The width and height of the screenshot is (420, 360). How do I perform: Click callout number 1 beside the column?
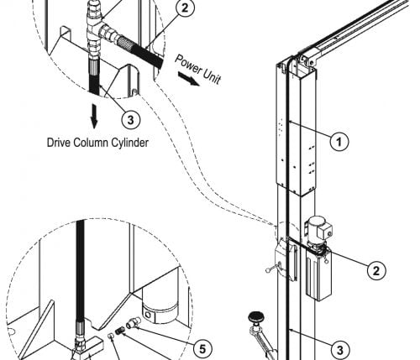click(339, 142)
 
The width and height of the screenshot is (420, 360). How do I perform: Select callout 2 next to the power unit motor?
click(376, 270)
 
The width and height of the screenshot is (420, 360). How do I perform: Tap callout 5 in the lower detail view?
click(202, 348)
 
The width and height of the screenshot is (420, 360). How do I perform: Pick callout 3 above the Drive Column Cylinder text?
click(131, 120)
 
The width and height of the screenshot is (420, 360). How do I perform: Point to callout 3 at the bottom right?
click(339, 350)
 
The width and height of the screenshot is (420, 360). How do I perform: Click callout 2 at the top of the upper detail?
click(185, 8)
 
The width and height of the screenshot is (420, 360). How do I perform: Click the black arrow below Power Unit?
click(189, 79)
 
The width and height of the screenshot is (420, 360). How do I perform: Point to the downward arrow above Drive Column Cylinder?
click(94, 117)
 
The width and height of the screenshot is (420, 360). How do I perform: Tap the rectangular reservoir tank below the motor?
click(318, 275)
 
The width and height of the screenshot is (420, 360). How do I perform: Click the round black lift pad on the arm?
click(256, 316)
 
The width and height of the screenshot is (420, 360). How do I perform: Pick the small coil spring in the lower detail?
click(119, 331)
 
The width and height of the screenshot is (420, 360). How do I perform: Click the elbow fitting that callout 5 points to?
click(132, 323)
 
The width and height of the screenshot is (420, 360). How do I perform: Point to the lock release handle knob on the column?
click(267, 270)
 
